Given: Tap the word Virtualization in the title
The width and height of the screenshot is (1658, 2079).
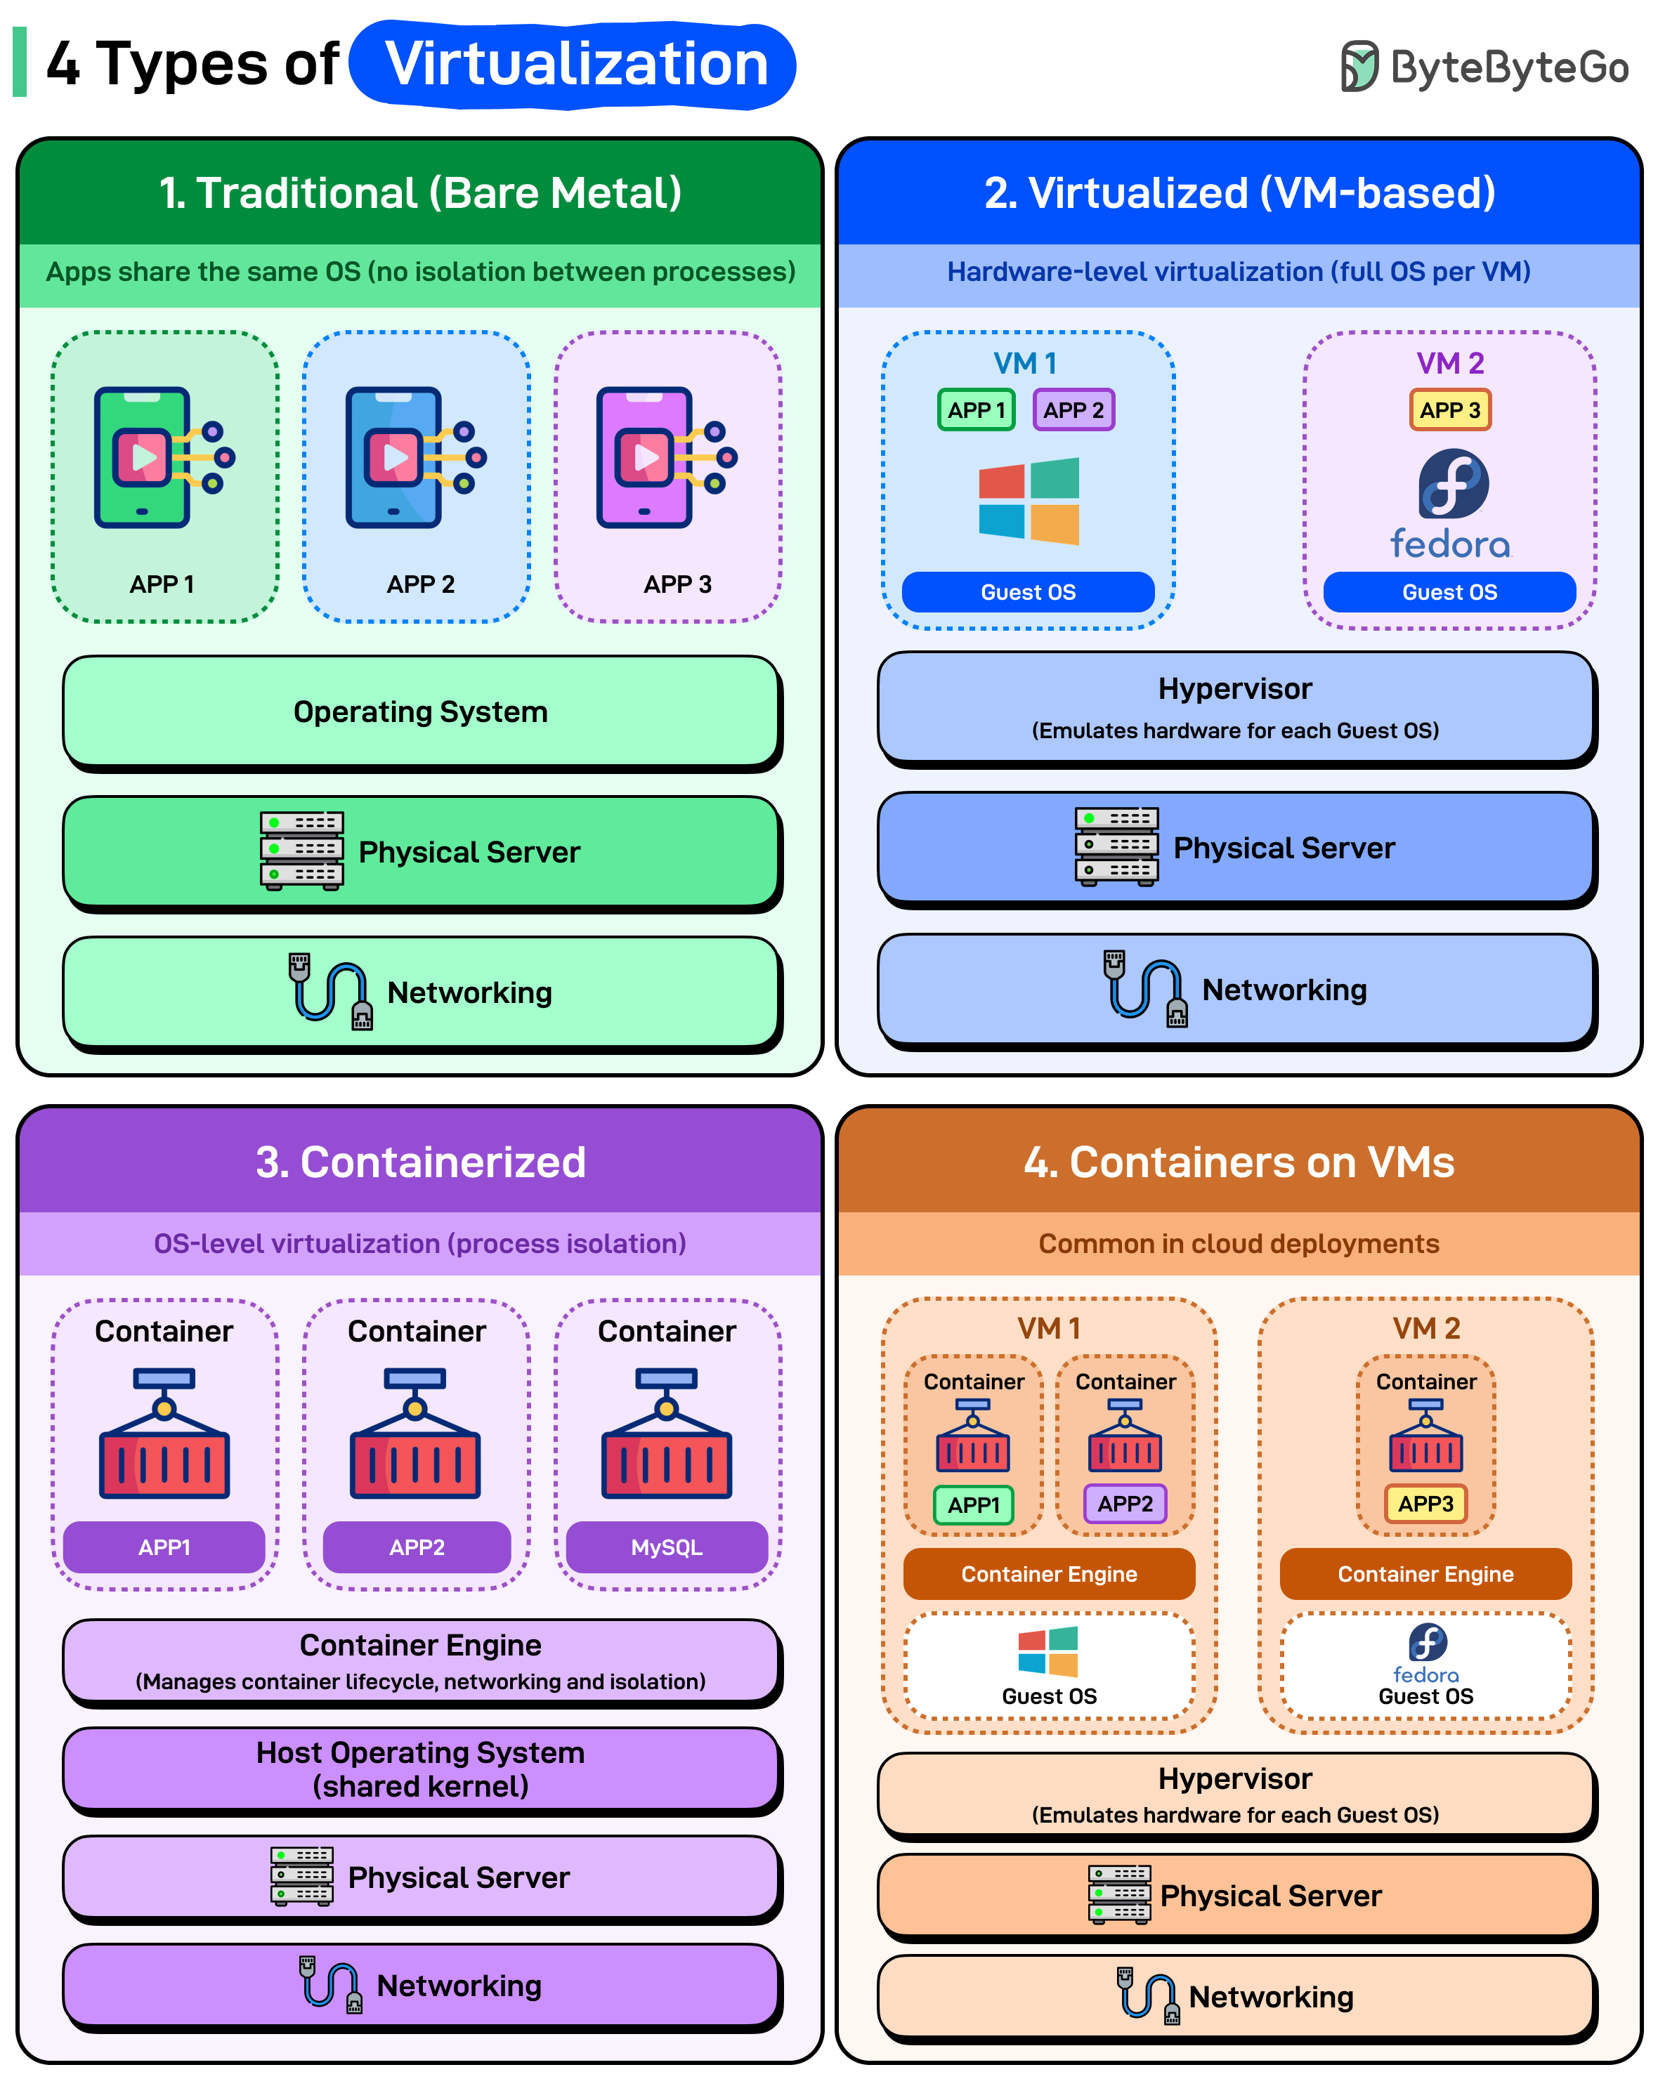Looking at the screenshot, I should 576,65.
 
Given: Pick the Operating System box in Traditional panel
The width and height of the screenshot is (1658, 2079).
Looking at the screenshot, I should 421,711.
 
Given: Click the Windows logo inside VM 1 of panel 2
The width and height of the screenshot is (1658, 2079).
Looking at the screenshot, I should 1029,501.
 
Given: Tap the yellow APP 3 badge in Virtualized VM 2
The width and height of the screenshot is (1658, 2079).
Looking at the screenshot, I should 1449,409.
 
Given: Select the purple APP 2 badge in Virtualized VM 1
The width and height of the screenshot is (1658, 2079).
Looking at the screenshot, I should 1073,409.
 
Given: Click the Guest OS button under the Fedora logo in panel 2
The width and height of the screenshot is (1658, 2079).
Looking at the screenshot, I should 1449,592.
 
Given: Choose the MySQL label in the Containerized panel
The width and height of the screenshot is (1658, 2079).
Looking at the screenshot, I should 667,1547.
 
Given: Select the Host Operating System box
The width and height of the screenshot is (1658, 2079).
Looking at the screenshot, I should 421,1769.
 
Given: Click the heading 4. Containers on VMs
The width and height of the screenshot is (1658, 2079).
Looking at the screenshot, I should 1239,1162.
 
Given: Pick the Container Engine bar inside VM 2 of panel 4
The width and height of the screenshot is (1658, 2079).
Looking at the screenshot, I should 1425,1574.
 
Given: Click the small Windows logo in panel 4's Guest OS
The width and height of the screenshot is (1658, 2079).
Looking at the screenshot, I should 1047,1652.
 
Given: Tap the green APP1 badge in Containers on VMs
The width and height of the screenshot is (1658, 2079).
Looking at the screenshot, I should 973,1504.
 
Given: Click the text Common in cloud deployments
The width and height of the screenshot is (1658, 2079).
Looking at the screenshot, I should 1239,1244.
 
